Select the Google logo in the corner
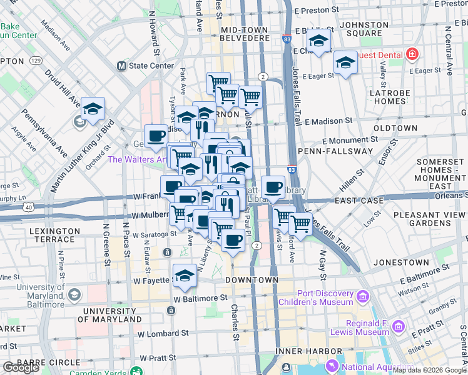(x=21, y=367)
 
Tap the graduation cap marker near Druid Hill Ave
(x=93, y=109)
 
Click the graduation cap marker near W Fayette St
(x=185, y=276)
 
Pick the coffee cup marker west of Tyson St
(x=156, y=135)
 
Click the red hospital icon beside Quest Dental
(x=412, y=54)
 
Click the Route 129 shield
(x=36, y=61)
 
